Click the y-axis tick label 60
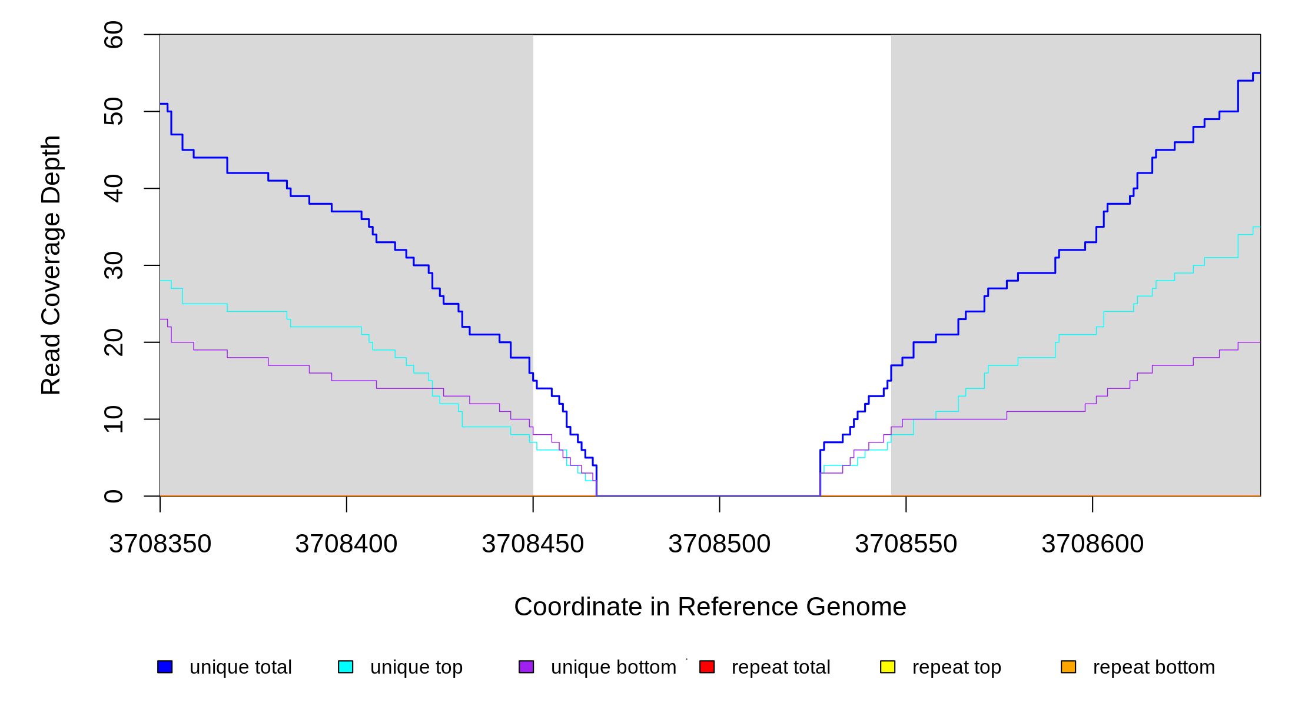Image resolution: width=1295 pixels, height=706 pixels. [113, 35]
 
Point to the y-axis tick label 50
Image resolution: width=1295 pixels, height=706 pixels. [113, 112]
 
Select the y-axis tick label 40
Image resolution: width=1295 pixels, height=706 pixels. [113, 188]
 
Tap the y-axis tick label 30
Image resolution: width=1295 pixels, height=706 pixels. [113, 265]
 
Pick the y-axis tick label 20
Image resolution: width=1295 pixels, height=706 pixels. [113, 342]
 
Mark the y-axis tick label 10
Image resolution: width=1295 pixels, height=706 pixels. [113, 419]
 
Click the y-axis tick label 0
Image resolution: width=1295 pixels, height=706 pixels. [113, 496]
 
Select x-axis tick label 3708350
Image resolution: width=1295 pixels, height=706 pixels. [160, 544]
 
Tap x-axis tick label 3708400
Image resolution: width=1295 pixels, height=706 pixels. [346, 544]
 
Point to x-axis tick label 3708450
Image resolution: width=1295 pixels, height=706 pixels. [533, 544]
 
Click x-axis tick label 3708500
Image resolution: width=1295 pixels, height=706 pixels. [719, 544]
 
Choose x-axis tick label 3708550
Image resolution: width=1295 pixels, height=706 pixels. [906, 544]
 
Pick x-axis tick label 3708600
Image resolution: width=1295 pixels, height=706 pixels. [1093, 544]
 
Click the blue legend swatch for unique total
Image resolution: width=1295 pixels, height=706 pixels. [165, 667]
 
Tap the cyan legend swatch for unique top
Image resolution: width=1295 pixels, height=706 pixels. [346, 667]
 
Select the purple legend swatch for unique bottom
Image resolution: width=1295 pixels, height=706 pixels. [526, 667]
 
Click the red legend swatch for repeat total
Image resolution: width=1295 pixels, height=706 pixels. [707, 667]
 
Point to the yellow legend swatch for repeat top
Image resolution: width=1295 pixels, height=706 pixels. [888, 667]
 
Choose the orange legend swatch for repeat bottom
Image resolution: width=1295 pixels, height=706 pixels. [1068, 667]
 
